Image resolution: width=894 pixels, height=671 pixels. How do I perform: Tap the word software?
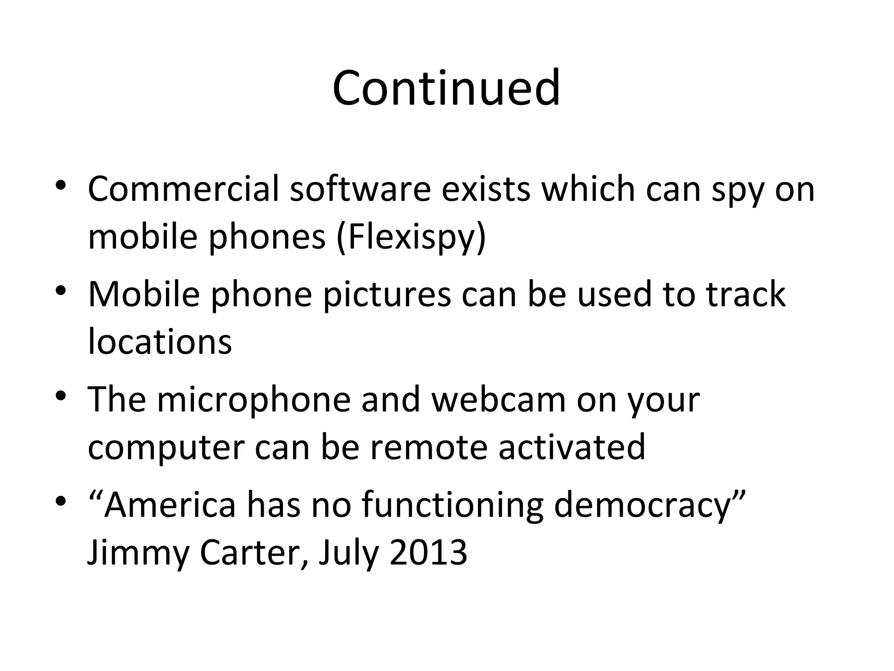point(360,189)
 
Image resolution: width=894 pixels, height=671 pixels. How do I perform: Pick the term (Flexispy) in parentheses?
point(411,237)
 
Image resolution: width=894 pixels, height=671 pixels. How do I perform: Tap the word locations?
point(160,342)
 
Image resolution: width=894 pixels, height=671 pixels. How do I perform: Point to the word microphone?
point(254,400)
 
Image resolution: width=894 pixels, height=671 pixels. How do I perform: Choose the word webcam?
point(499,400)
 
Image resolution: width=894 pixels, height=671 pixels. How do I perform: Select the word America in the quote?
point(169,505)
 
